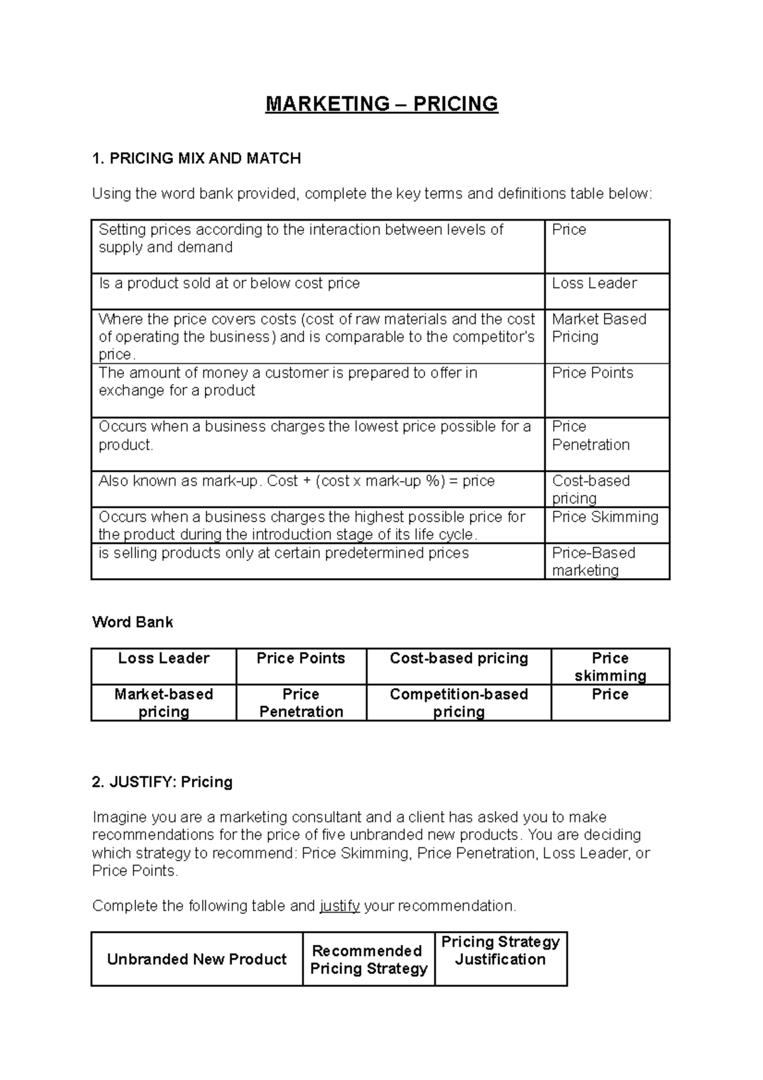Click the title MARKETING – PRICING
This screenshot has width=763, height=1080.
[381, 104]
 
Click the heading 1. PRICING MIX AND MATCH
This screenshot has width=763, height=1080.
[196, 158]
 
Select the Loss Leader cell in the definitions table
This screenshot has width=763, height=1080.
[594, 284]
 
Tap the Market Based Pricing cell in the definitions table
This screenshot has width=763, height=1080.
[598, 328]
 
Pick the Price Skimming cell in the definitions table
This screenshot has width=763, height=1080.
[605, 517]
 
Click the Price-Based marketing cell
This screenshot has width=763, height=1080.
[593, 562]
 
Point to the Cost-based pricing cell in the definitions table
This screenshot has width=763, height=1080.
[591, 489]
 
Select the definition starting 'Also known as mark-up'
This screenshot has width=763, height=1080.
[296, 481]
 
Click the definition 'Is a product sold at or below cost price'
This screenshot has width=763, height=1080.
[230, 284]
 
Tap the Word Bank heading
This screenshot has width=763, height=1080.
[132, 622]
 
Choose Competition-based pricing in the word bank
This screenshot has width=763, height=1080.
[458, 703]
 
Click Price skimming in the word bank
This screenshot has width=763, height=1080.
[610, 667]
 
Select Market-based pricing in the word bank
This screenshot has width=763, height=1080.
[163, 703]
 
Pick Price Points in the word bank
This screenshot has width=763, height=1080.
[301, 658]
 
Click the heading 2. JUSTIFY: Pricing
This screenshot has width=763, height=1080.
[162, 782]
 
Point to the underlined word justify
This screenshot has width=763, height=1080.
[340, 906]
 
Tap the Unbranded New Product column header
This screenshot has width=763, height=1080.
[196, 959]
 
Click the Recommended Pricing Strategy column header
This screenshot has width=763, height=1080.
[368, 959]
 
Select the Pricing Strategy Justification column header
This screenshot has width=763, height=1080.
[500, 950]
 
